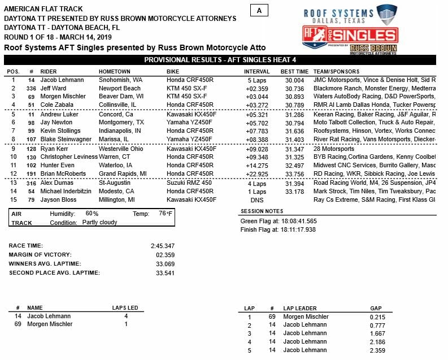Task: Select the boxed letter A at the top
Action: click(259, 10)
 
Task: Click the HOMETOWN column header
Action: click(114, 72)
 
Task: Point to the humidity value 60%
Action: click(92, 214)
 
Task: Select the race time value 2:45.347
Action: click(162, 246)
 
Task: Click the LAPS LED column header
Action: click(125, 308)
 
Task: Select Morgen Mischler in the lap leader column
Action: click(305, 316)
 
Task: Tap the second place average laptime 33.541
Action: click(165, 273)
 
